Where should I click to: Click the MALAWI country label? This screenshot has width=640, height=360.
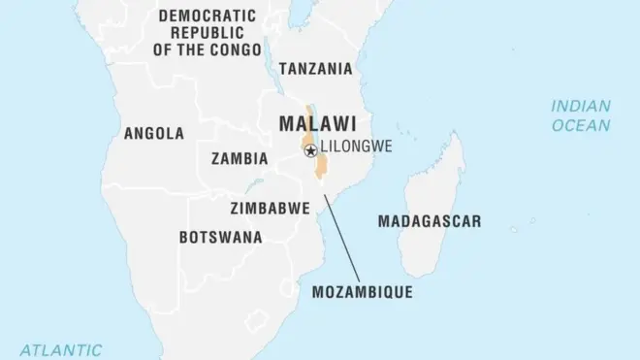pos(315,124)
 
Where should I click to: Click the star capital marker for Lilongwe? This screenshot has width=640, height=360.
pos(310,150)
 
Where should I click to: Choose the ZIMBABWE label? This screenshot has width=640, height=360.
pos(270,208)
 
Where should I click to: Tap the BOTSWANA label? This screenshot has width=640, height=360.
pos(220,237)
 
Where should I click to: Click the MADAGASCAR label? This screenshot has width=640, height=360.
pos(429,221)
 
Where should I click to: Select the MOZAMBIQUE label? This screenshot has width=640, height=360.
pos(362,291)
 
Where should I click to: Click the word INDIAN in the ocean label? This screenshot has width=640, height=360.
pos(580,106)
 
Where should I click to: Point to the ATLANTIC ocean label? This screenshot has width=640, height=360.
pos(62,348)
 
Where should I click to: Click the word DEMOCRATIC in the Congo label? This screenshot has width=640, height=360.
pos(208,16)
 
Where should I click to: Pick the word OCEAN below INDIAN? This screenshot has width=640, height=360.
pos(580,125)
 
